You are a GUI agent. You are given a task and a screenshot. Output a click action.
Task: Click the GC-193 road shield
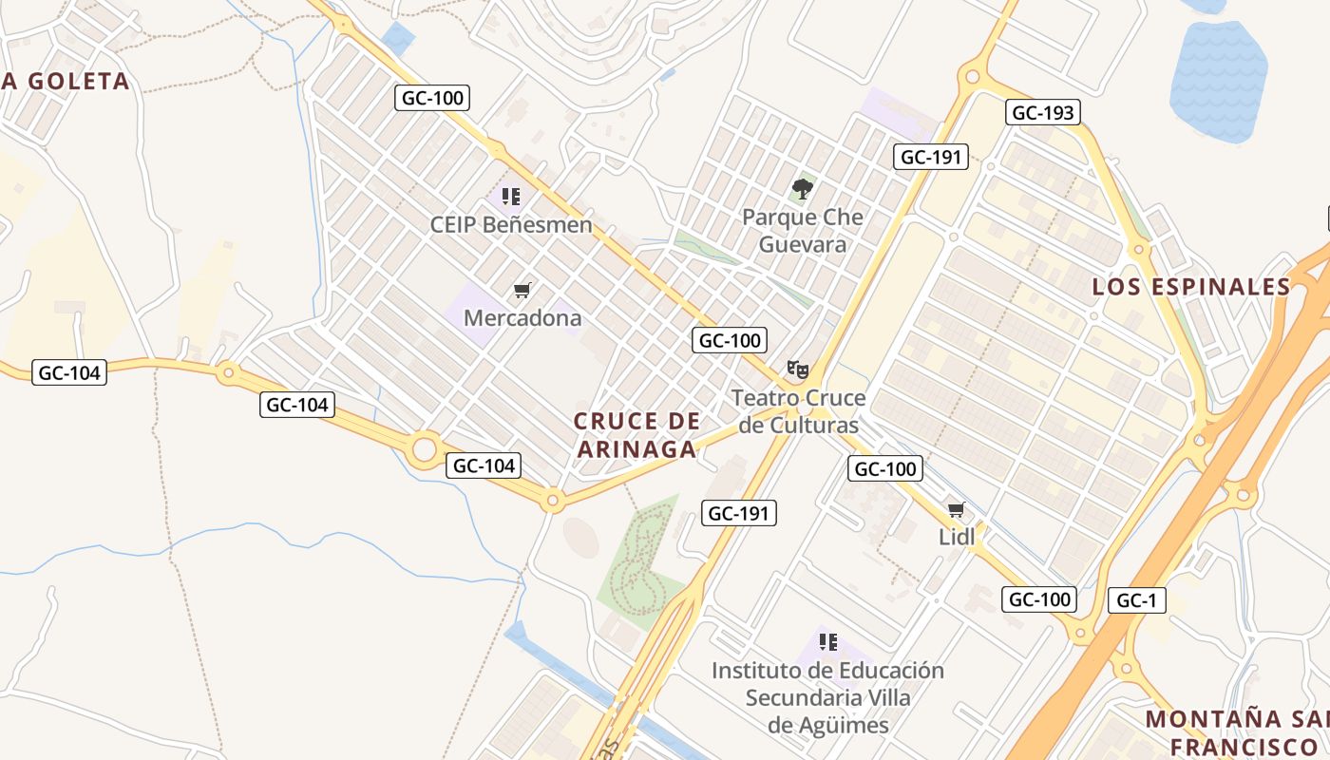click(x=1042, y=113)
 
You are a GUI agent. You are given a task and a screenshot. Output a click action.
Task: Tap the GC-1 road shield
click(x=1136, y=600)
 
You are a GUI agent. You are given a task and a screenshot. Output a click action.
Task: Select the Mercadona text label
click(x=522, y=318)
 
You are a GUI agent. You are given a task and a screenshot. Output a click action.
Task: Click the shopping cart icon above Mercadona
click(x=522, y=290)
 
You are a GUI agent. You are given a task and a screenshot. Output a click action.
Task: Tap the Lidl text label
click(x=957, y=537)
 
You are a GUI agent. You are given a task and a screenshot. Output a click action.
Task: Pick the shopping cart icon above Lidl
click(x=957, y=510)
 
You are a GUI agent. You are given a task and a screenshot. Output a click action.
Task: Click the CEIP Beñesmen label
click(x=511, y=225)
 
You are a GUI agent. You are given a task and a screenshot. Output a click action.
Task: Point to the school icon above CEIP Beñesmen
click(x=511, y=197)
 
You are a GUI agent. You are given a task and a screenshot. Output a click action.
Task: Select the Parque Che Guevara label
click(x=803, y=230)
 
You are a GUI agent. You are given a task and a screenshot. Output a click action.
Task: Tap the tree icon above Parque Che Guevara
click(x=803, y=188)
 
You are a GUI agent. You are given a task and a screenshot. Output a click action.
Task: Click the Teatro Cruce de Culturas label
click(x=798, y=411)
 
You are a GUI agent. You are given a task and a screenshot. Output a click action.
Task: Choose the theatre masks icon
click(x=798, y=369)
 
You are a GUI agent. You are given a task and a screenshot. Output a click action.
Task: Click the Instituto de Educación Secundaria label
click(x=827, y=698)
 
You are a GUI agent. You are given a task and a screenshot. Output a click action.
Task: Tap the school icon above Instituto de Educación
click(x=827, y=642)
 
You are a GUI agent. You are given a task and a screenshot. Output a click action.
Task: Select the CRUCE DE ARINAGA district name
click(x=637, y=434)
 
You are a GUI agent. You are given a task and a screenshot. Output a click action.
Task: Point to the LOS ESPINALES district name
click(x=1191, y=287)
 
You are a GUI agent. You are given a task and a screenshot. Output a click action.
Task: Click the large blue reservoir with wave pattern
click(x=1219, y=82)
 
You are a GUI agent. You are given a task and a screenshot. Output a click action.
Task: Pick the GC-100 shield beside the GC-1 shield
click(x=1039, y=599)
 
